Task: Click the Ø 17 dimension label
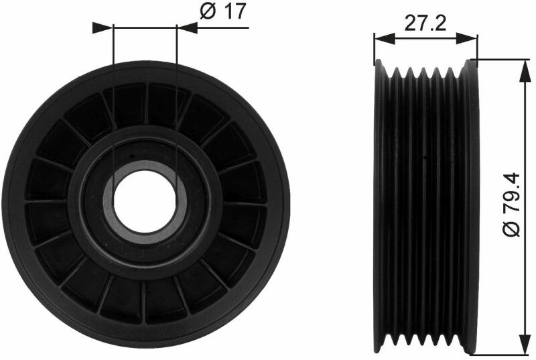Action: tap(223, 11)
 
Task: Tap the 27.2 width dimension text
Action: tap(425, 23)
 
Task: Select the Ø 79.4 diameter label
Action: tap(512, 204)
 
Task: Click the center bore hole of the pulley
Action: tap(145, 201)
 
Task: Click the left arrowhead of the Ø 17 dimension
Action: tap(103, 28)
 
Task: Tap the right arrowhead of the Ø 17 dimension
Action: tap(187, 27)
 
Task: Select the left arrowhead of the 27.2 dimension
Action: tap(385, 39)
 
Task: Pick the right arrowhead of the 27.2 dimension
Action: tap(466, 39)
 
